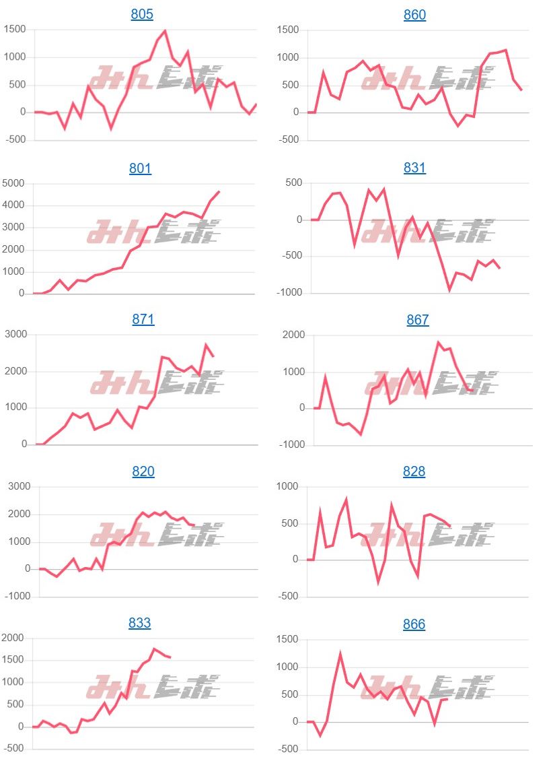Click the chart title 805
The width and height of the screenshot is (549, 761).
click(142, 14)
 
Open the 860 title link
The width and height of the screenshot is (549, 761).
click(414, 15)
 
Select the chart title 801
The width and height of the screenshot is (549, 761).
click(140, 168)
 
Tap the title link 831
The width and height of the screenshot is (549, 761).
click(414, 168)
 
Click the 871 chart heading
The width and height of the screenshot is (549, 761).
click(143, 319)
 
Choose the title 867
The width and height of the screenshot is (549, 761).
click(417, 320)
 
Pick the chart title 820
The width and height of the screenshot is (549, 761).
click(143, 471)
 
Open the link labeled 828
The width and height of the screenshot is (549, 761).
click(414, 471)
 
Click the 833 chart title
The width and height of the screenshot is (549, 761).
click(139, 623)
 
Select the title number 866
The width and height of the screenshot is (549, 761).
click(414, 624)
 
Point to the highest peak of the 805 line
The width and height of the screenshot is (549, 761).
click(165, 30)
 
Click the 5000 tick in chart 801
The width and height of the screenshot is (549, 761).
click(14, 183)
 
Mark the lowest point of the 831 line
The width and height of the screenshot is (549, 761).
click(449, 290)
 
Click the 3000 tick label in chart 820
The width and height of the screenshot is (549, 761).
click(18, 487)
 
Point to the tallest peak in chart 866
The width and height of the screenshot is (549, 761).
click(340, 653)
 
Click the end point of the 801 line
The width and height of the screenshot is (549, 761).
click(219, 192)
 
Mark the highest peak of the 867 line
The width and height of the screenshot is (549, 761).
click(438, 342)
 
